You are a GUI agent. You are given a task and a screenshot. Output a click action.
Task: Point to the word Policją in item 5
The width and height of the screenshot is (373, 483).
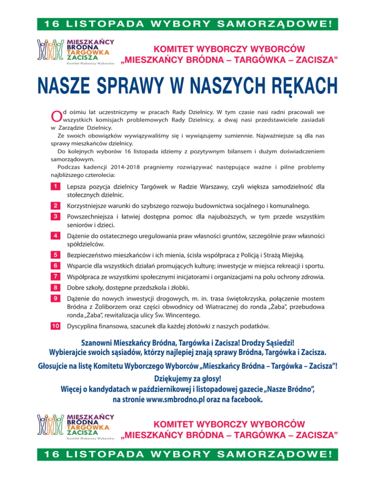273,255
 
